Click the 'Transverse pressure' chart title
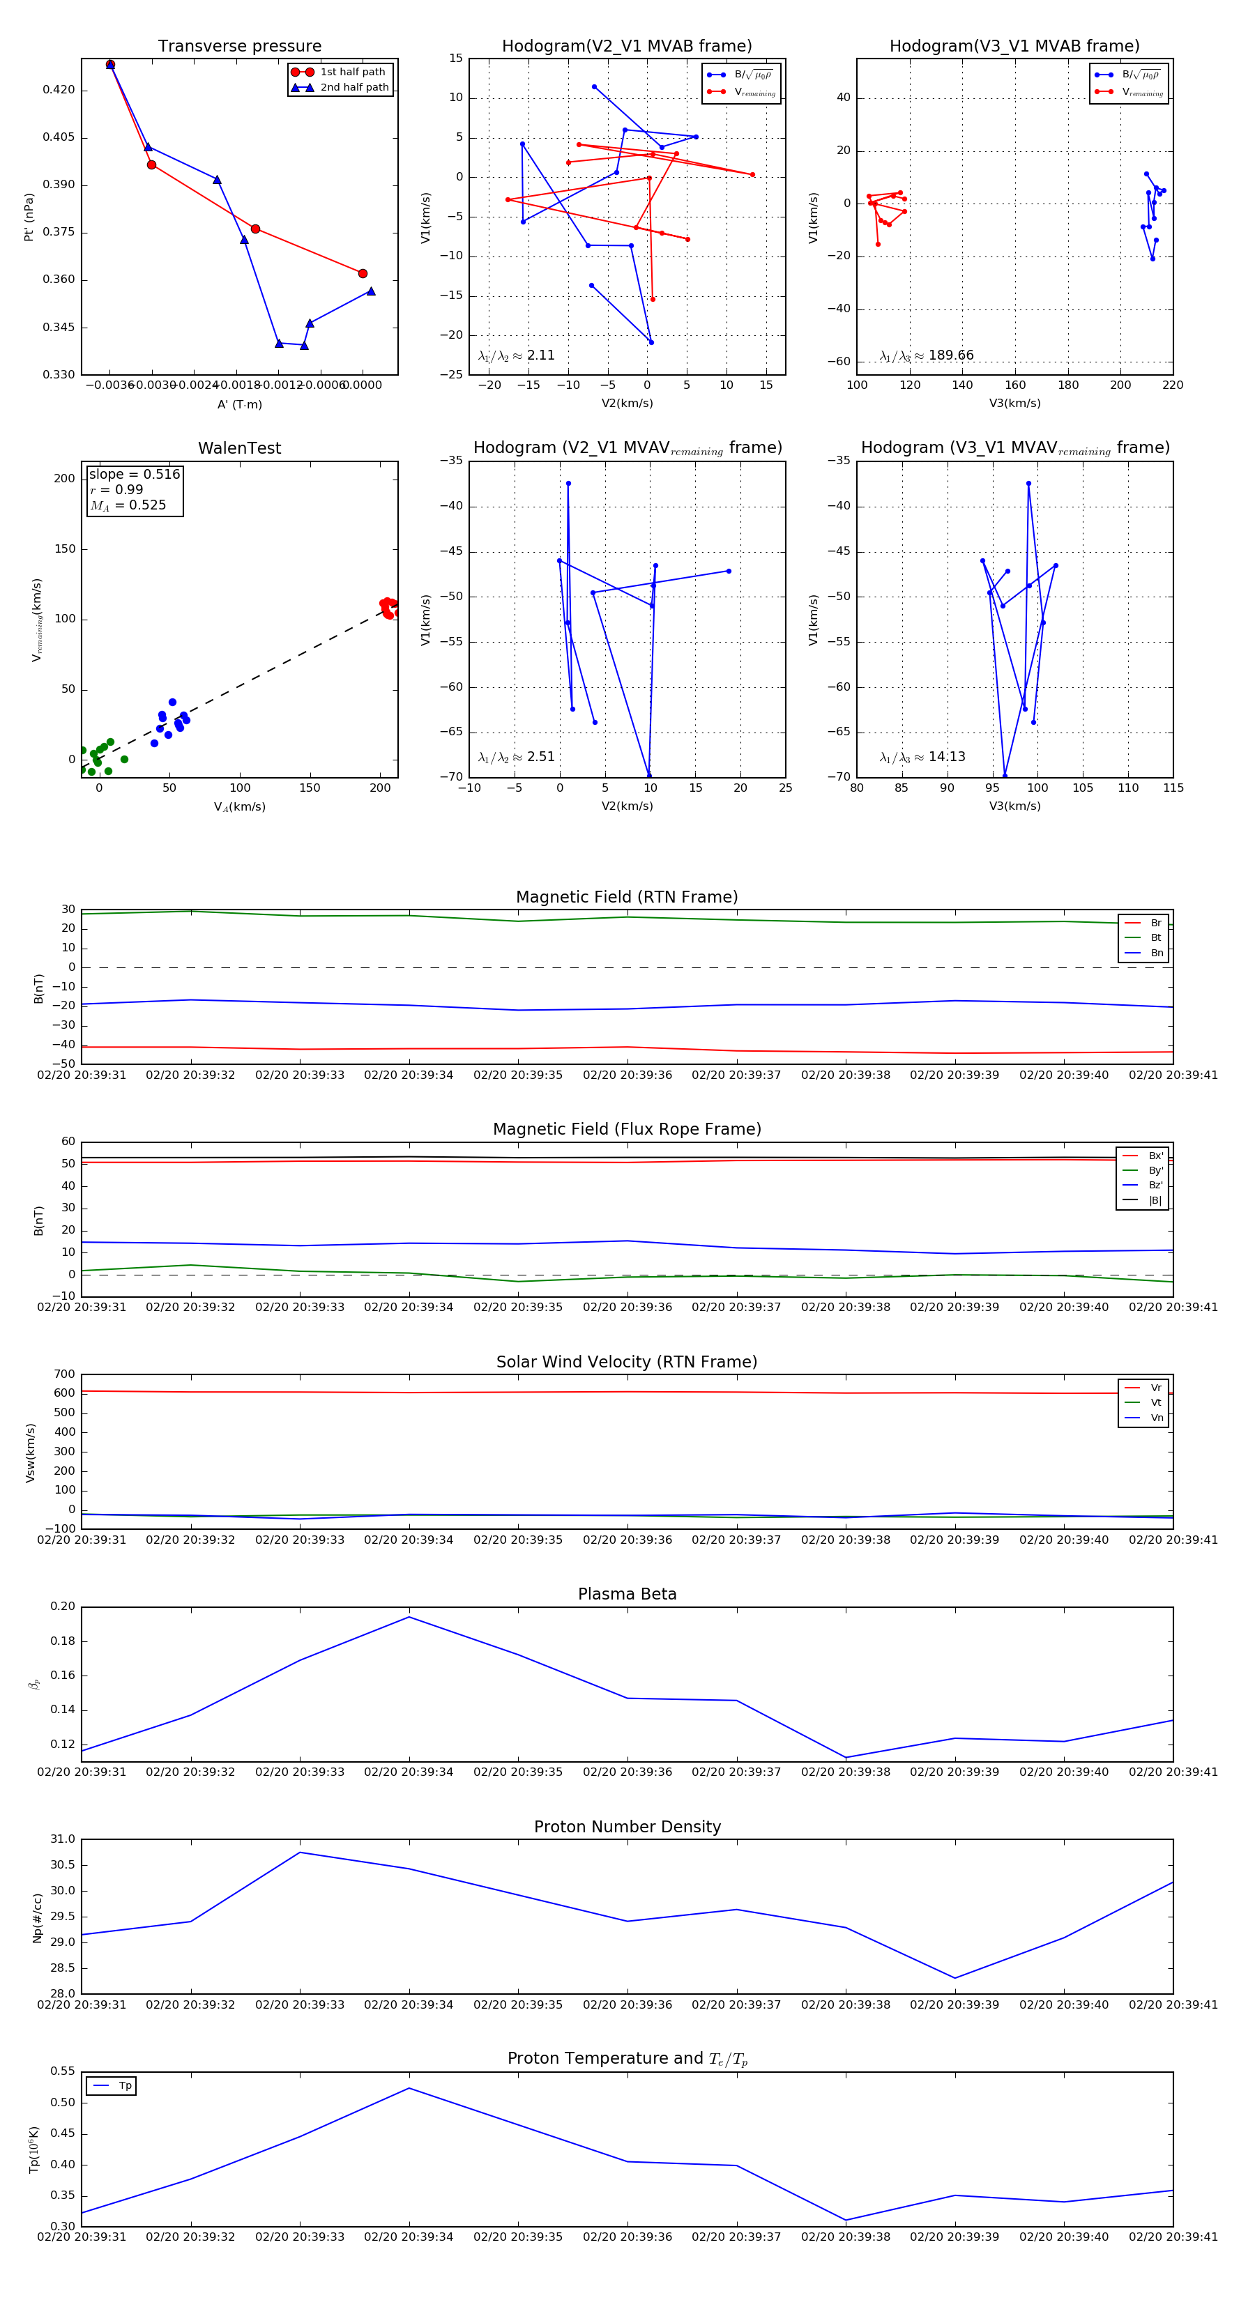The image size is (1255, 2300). (239, 47)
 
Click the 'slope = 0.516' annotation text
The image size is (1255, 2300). (134, 474)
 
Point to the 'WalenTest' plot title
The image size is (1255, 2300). (239, 448)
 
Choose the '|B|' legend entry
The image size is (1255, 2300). (1154, 1200)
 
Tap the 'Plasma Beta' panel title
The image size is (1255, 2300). (627, 1594)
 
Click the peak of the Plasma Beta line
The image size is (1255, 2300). (409, 1617)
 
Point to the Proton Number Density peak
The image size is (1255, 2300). (300, 1852)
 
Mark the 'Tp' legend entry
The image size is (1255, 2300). (124, 2086)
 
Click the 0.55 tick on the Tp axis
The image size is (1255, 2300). (63, 2071)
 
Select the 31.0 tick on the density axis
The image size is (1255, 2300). (63, 1839)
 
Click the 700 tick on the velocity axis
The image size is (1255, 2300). (64, 1374)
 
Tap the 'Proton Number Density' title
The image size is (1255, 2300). (627, 1827)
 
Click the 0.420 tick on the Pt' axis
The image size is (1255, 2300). (59, 90)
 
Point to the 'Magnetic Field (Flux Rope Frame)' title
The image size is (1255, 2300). (627, 1130)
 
